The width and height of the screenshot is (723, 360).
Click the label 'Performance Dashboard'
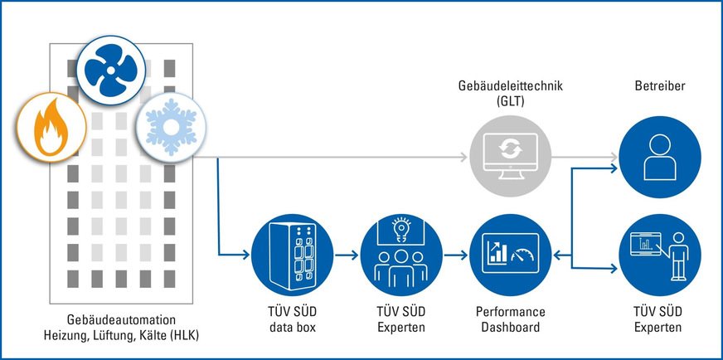(510, 320)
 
